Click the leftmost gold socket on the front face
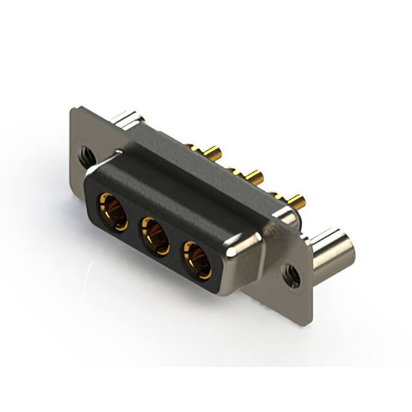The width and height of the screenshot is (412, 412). pos(113,211)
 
